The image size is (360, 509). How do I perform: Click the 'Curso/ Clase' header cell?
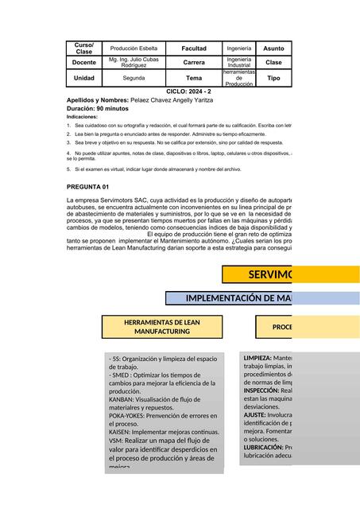click(83, 49)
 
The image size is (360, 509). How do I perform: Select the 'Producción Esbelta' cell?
click(134, 49)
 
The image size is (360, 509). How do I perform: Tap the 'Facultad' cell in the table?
click(194, 49)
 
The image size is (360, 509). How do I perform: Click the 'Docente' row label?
click(83, 62)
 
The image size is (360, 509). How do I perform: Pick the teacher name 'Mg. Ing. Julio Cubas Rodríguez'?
click(134, 62)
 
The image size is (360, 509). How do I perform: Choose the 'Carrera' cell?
click(194, 62)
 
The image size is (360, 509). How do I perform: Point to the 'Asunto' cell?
click(273, 49)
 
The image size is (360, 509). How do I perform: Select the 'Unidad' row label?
click(83, 79)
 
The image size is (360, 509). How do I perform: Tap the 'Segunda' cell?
click(134, 79)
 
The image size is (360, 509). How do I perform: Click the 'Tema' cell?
click(194, 79)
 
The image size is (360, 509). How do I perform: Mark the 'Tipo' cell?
click(273, 79)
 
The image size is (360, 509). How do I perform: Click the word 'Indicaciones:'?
click(83, 116)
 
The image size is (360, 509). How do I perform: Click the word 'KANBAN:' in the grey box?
click(121, 400)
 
